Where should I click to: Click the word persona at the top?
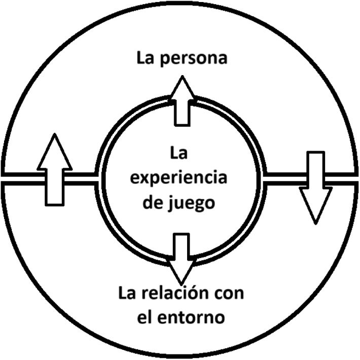tap(197, 58)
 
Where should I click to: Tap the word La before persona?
tap(147, 57)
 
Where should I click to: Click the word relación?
tap(181, 294)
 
